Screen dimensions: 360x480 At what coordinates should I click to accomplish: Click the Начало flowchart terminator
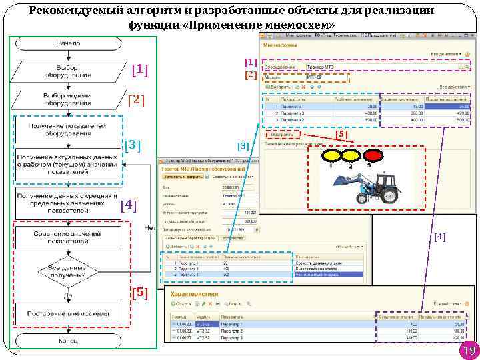tap(67, 43)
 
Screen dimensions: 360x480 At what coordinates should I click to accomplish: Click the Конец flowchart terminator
tap(68, 341)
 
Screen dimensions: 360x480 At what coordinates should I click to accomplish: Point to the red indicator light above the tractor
tap(374, 156)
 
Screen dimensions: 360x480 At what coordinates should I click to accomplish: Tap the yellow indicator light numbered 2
tap(352, 156)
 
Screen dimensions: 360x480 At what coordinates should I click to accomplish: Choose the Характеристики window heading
tap(194, 293)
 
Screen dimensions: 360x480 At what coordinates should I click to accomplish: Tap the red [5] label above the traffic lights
tap(341, 134)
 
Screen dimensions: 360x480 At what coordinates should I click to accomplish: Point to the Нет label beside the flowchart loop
tap(151, 228)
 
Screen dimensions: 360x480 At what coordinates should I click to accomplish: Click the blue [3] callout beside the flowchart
tap(132, 145)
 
